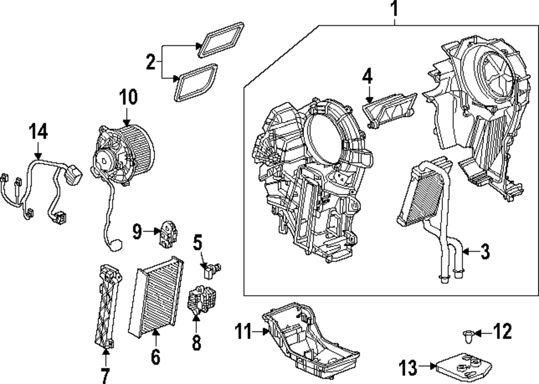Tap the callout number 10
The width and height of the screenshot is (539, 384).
(x=128, y=97)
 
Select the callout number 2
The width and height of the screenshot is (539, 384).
(x=150, y=62)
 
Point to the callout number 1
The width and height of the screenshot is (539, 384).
(x=395, y=9)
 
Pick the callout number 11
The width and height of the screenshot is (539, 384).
(x=243, y=331)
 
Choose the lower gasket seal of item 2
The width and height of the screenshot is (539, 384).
(x=196, y=82)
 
